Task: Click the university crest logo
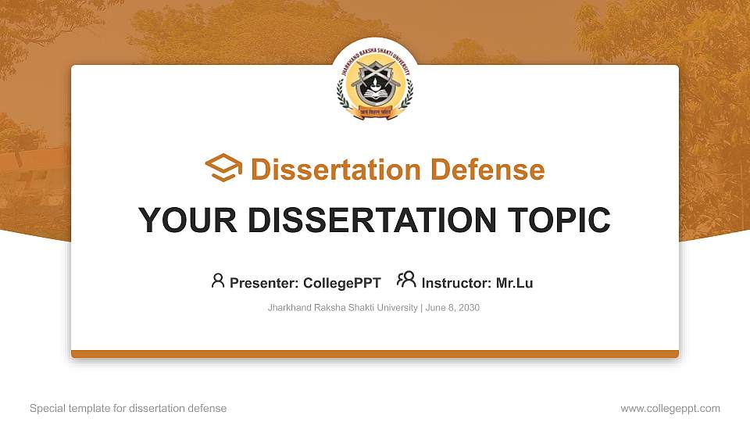click(x=374, y=82)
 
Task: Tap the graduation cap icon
click(x=223, y=168)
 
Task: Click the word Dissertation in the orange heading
click(x=326, y=170)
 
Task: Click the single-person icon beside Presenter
click(x=218, y=281)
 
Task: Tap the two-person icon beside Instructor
click(x=406, y=280)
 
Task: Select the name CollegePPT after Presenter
click(x=341, y=283)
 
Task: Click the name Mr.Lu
click(x=514, y=283)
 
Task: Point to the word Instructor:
click(x=456, y=283)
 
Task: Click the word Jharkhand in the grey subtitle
click(x=287, y=308)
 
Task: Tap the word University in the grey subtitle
click(x=398, y=308)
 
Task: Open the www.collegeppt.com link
click(x=670, y=408)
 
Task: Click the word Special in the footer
click(x=47, y=408)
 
